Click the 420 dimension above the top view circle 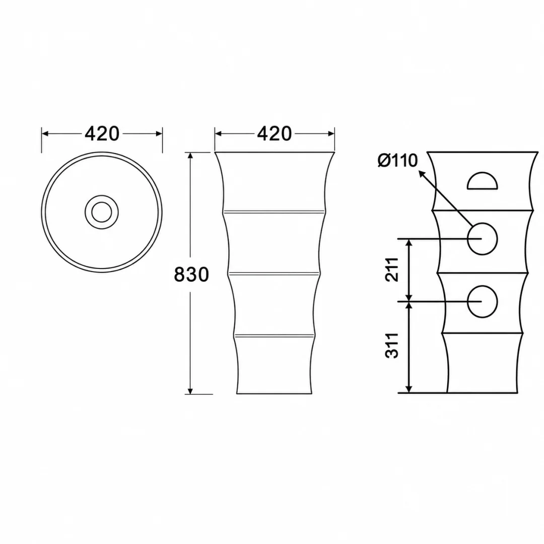[x=102, y=133]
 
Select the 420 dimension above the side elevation [x=275, y=133]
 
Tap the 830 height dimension [x=191, y=275]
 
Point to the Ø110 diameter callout [x=397, y=161]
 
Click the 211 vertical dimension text [x=392, y=269]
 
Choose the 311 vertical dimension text [x=392, y=346]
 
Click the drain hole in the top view [x=102, y=212]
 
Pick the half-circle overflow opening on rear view [x=483, y=181]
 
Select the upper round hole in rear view [x=482, y=239]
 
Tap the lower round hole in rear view [x=482, y=302]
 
